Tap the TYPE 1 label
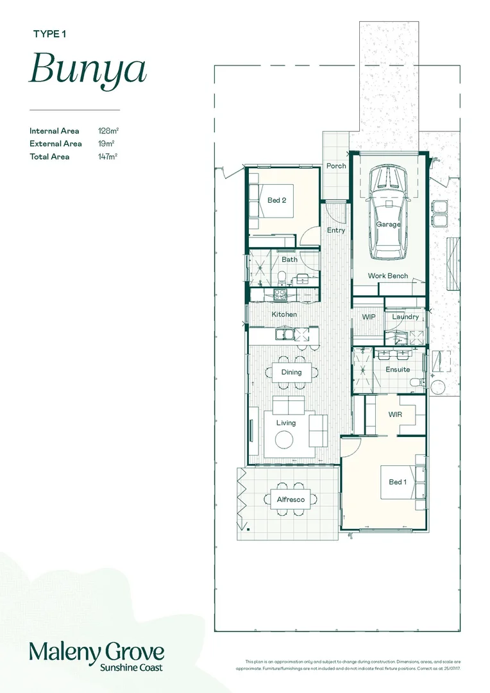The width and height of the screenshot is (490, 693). (49, 35)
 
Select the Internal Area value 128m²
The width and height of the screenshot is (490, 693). (108, 131)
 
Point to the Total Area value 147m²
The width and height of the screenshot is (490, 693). (108, 157)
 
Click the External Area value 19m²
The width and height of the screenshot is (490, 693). (105, 144)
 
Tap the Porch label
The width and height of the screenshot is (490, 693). (336, 166)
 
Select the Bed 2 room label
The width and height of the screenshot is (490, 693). (276, 200)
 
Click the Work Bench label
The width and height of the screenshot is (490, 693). (387, 276)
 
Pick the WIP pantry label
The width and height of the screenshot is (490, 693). (368, 317)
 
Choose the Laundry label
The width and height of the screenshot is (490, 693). (405, 317)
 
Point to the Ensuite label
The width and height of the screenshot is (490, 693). (398, 370)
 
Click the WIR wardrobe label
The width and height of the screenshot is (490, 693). (396, 415)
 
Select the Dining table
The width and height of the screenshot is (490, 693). (291, 372)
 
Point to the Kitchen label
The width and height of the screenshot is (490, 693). (284, 314)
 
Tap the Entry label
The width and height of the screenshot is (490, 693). (335, 230)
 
